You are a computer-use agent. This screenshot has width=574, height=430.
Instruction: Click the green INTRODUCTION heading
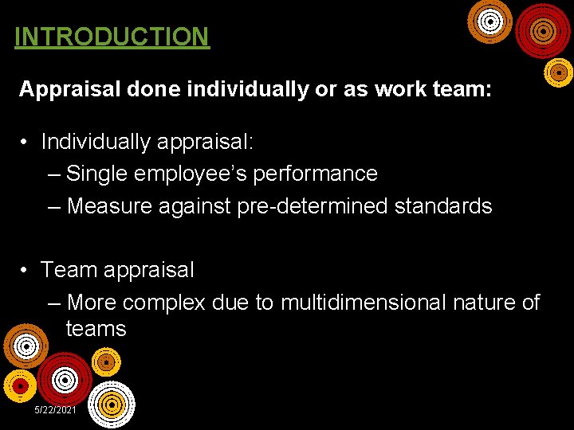(x=112, y=37)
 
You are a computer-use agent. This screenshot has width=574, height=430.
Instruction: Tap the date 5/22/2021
(x=55, y=409)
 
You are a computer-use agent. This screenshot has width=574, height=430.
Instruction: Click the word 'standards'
(x=445, y=206)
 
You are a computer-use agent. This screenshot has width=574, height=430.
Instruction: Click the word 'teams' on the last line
(x=96, y=329)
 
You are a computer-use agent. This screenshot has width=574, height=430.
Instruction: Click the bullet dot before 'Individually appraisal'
(x=26, y=142)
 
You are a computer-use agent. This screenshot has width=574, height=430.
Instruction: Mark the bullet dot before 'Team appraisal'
(x=26, y=270)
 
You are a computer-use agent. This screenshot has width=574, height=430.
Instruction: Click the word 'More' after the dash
(x=92, y=303)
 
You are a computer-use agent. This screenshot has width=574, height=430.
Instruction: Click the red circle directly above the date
(x=64, y=377)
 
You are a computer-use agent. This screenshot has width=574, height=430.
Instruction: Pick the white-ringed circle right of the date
(x=111, y=405)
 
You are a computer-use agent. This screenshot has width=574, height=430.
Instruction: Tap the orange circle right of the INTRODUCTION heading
(x=489, y=22)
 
